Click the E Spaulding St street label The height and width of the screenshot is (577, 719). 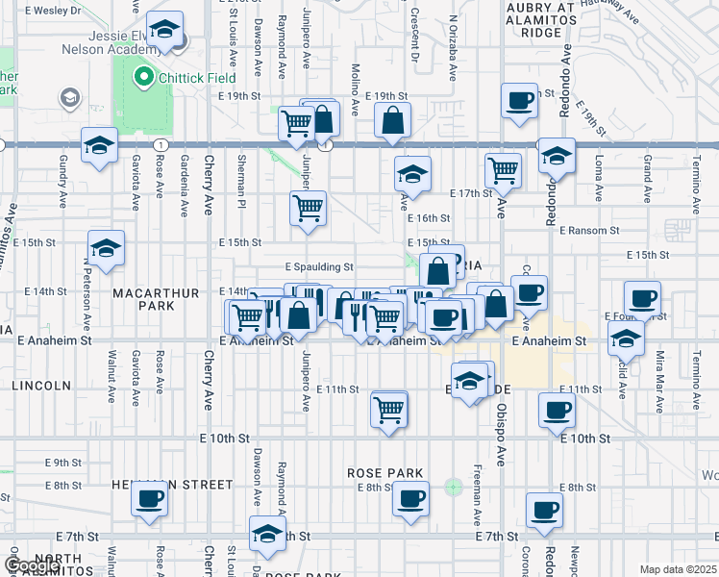pos(319,267)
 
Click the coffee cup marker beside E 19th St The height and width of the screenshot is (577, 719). pos(520,101)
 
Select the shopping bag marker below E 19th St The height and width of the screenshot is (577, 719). pos(392,122)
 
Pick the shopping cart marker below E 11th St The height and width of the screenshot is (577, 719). pos(389,411)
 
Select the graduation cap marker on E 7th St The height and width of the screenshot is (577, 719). pos(267,535)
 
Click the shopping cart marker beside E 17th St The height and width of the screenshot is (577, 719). pos(504,171)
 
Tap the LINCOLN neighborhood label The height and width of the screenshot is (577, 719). pos(40,386)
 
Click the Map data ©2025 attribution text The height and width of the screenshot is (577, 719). pos(676,569)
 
